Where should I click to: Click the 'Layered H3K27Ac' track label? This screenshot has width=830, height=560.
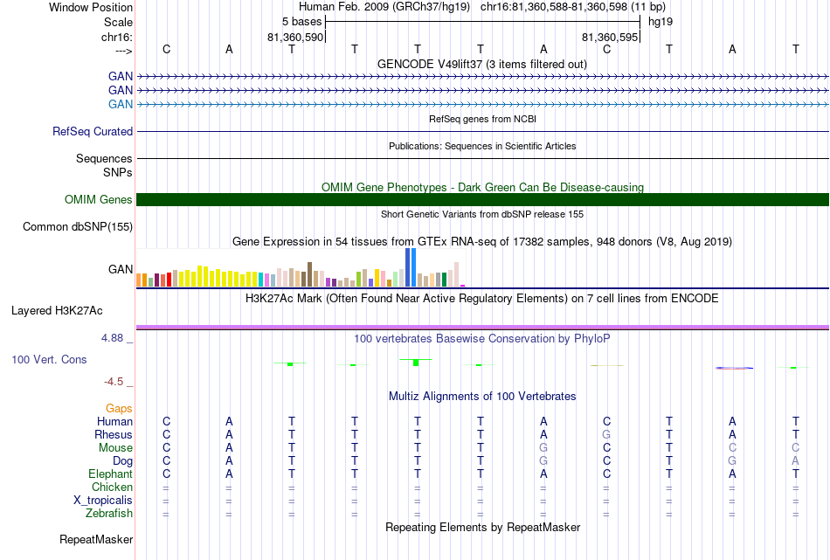point(57,311)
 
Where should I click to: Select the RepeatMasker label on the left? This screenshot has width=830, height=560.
point(96,539)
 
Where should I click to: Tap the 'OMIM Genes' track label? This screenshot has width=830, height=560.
point(99,199)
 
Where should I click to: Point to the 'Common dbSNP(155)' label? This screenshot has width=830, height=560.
point(78,226)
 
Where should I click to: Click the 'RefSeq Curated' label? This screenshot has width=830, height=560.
point(93,131)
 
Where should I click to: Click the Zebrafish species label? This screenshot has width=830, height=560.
point(109,514)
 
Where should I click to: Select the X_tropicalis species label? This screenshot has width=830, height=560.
point(103,501)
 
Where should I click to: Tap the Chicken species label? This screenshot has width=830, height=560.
point(112,487)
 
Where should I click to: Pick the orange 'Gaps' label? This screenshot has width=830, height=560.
point(119,408)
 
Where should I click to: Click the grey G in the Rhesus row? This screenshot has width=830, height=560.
point(606,434)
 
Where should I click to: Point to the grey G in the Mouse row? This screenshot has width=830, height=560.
point(543,448)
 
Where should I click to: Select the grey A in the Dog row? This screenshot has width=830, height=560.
point(795,461)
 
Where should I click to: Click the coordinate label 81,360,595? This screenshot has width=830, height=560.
point(610,37)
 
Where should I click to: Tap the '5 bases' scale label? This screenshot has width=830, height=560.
point(301,22)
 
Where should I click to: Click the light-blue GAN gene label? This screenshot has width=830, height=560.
point(121,104)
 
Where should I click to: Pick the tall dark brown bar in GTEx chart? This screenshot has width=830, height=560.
point(309,274)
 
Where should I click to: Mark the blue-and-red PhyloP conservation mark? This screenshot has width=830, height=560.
point(734,368)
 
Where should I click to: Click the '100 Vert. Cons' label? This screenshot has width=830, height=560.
point(49,359)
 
